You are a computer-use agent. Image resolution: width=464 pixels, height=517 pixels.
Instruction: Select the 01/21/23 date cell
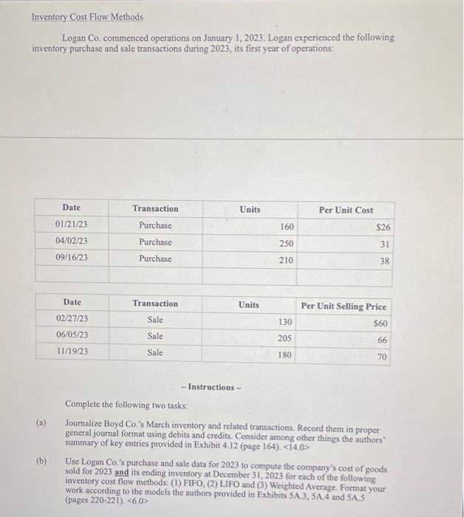(72, 225)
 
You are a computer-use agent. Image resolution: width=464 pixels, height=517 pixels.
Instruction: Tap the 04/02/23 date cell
(72, 242)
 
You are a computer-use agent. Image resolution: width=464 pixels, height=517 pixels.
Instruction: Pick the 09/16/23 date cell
(72, 258)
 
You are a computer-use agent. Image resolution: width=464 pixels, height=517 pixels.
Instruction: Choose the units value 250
(286, 243)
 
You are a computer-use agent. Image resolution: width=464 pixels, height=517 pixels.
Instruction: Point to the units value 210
(286, 260)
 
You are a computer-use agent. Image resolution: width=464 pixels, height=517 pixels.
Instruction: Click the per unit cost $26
(382, 227)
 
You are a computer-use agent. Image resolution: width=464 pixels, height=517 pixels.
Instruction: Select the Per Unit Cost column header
(346, 210)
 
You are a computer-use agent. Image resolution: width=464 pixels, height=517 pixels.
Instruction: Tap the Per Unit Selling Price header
(344, 306)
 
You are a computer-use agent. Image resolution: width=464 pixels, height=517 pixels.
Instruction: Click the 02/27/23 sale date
(72, 319)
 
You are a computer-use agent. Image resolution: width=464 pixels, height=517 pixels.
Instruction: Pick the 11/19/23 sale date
(72, 352)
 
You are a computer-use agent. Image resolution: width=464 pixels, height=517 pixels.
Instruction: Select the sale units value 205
(284, 338)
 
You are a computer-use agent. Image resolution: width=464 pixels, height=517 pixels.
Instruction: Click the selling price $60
(380, 323)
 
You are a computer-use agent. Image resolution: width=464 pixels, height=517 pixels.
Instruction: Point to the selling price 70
(382, 357)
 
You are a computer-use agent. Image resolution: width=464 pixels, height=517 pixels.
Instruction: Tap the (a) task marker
(41, 423)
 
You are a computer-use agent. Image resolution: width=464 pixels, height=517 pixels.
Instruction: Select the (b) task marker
(41, 460)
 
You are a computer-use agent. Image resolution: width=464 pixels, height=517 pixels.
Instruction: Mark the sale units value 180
(284, 355)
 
